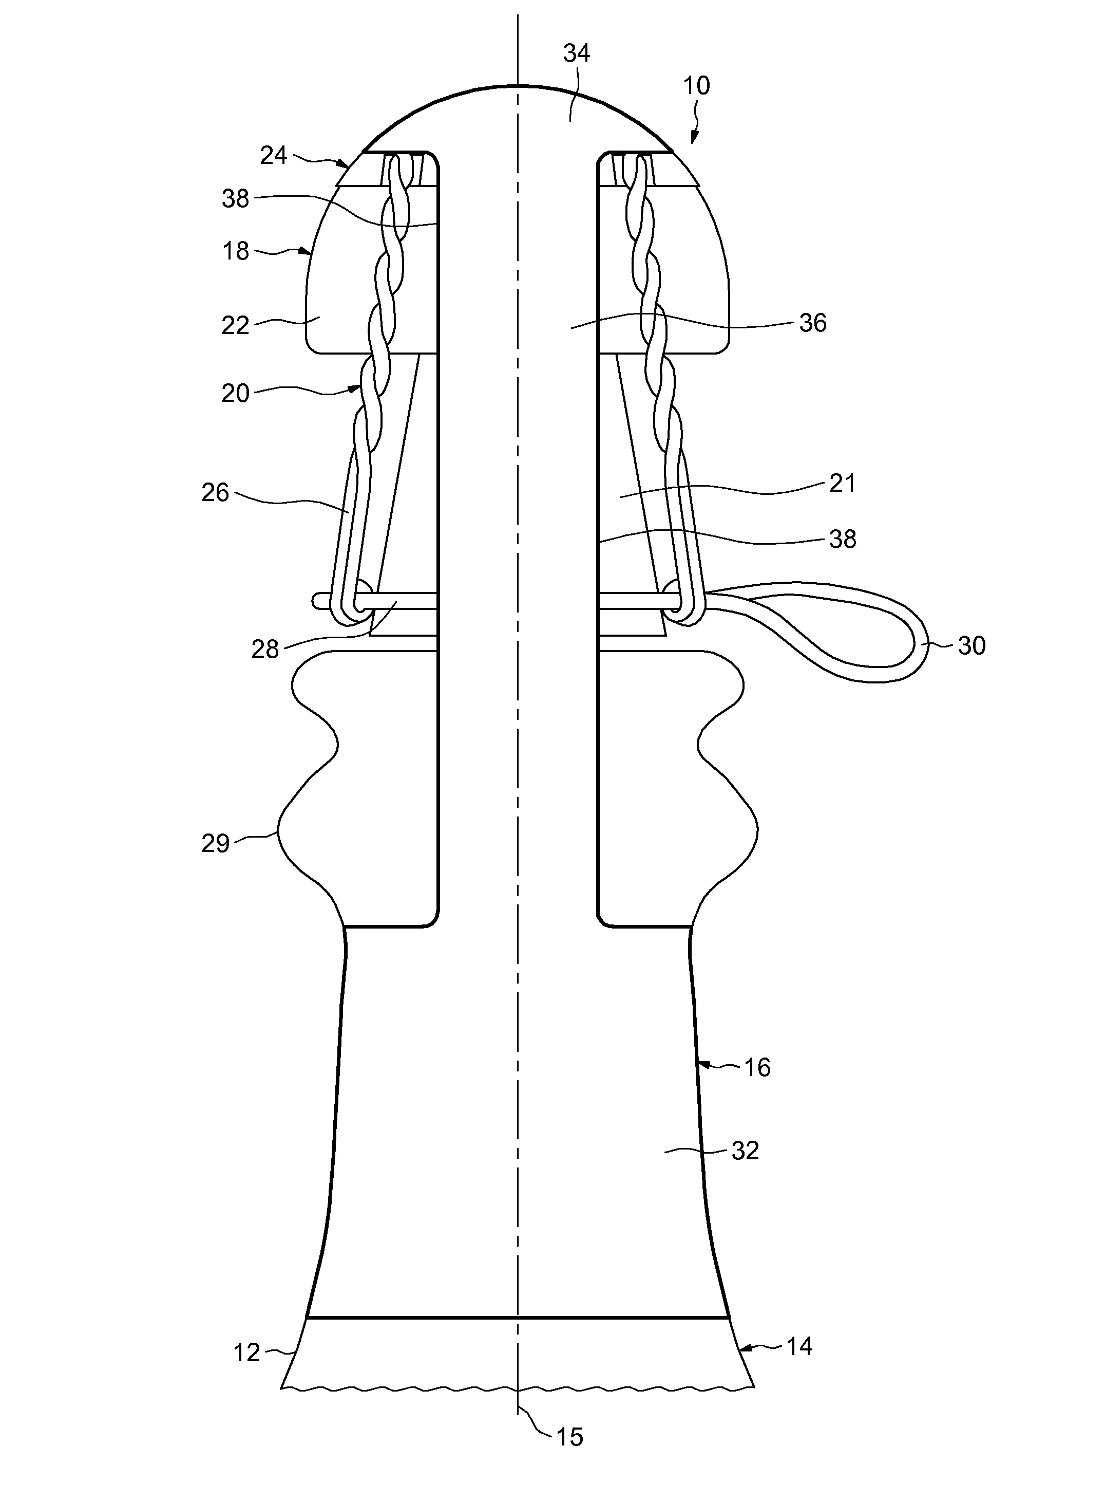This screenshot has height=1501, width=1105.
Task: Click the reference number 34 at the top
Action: point(576,53)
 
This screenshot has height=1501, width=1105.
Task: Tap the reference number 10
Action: point(696,86)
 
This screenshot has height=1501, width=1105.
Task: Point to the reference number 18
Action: point(236,252)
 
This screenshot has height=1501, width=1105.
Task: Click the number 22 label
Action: point(236,325)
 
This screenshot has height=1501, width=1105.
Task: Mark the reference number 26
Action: point(215,493)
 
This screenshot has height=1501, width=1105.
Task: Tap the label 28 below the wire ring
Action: point(265,649)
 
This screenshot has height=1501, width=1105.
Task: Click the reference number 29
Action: point(215,843)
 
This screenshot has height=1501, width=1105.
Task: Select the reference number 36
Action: point(813,323)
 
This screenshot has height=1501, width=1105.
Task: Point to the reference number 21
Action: point(842,483)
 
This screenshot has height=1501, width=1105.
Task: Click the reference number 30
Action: point(971,646)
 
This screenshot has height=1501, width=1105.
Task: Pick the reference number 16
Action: point(757,1067)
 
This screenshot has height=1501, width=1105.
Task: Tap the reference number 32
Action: point(745,1151)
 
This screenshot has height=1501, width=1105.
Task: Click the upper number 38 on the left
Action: point(236,199)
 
